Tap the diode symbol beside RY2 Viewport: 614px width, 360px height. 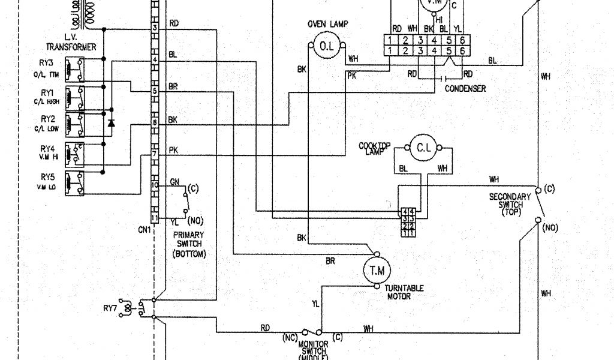point(110,123)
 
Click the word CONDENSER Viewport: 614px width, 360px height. point(465,89)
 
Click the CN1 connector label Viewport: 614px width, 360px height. point(145,228)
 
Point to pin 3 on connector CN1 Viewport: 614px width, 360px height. point(155,28)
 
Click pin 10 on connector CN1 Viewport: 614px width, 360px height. point(154,186)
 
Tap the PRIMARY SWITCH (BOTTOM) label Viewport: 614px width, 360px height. point(189,244)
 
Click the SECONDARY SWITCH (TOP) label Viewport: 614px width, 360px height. point(510,205)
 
